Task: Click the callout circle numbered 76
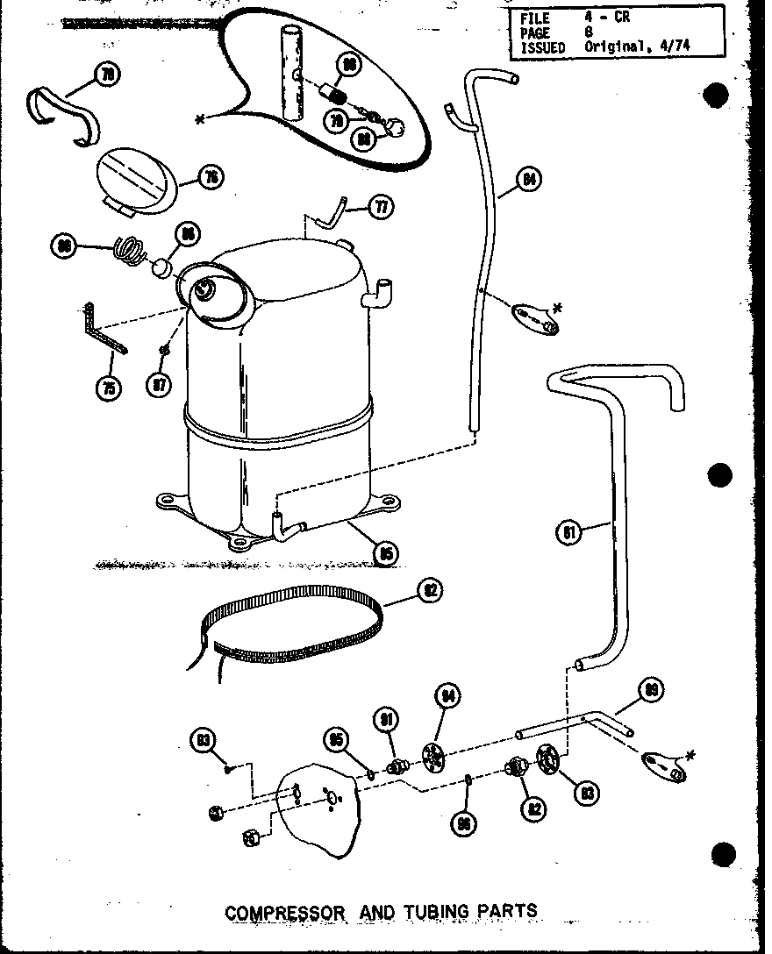tap(211, 178)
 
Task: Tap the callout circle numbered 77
tap(381, 208)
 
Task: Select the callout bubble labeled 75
tap(110, 387)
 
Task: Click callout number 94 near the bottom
tap(448, 697)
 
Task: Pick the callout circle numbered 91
tap(386, 720)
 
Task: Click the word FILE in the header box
tap(536, 17)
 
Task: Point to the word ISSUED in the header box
tap(543, 47)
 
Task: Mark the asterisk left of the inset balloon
tap(201, 119)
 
